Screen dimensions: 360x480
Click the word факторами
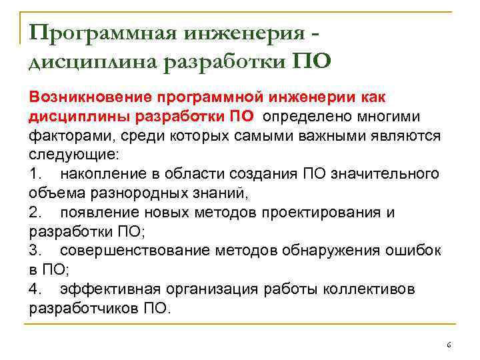pos(63,136)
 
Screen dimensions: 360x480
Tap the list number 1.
pos(35,174)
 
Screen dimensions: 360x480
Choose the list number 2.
pos(35,213)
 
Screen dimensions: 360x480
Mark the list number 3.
pos(35,251)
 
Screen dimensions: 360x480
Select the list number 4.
pos(35,289)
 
